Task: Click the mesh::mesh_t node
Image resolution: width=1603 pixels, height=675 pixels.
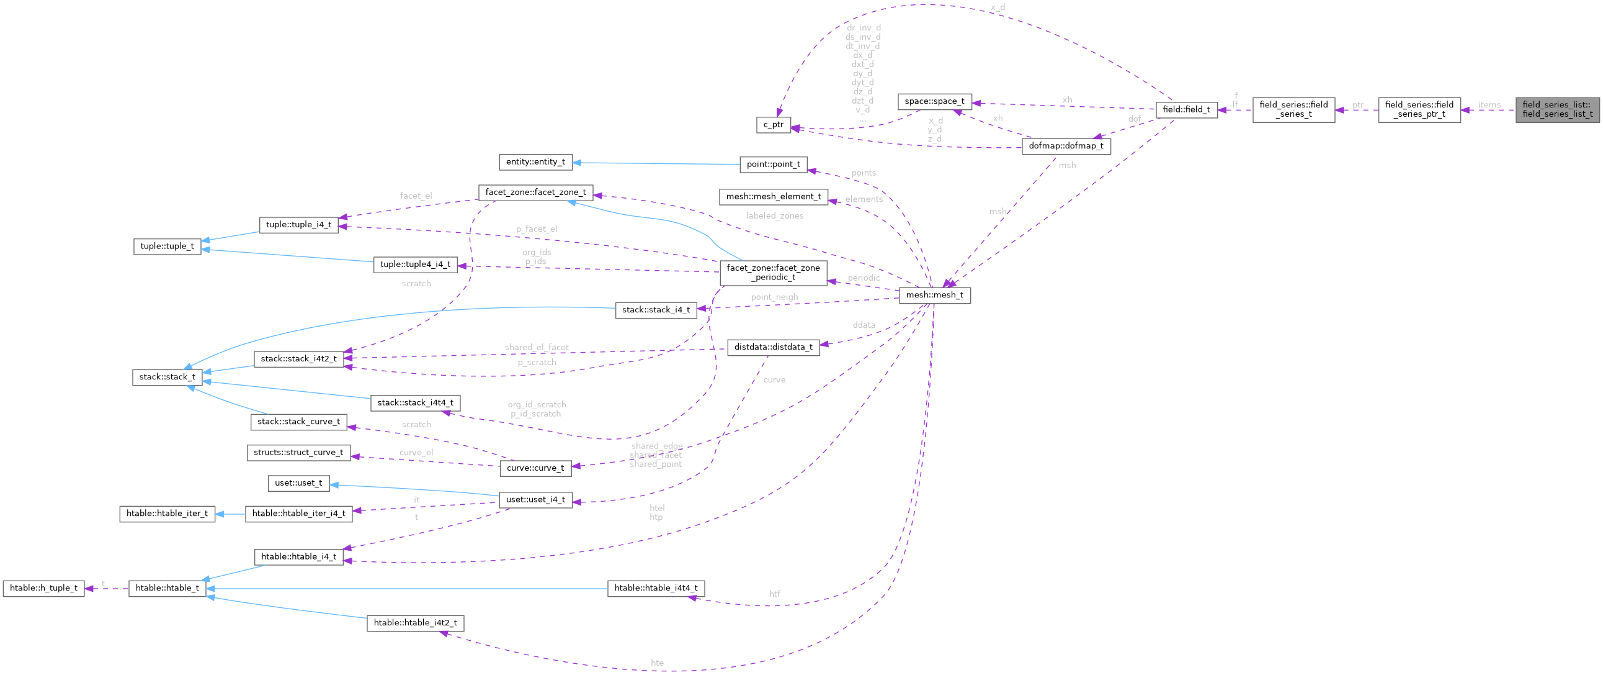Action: click(934, 295)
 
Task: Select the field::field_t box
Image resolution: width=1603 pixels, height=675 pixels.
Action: click(1186, 109)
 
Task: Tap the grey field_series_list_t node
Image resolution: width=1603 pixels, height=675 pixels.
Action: click(1557, 109)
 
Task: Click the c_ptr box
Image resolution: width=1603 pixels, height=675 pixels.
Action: click(774, 125)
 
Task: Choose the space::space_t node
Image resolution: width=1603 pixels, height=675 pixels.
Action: click(935, 101)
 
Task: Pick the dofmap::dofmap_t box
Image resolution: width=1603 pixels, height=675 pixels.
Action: click(1066, 147)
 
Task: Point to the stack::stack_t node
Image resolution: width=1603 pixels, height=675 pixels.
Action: click(167, 377)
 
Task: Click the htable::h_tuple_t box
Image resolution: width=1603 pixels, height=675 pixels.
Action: click(43, 588)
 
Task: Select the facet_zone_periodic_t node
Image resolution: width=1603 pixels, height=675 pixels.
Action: click(773, 272)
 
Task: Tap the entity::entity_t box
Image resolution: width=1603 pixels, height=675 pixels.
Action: click(535, 162)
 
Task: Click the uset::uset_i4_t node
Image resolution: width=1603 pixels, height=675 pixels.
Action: click(536, 499)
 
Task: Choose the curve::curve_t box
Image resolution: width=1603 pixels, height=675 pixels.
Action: click(535, 468)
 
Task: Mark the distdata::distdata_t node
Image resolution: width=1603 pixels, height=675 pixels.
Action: click(773, 347)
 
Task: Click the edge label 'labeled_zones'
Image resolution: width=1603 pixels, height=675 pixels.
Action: click(774, 215)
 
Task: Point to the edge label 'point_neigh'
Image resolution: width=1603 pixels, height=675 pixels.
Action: click(774, 297)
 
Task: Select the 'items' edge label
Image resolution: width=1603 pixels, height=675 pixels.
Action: click(1488, 104)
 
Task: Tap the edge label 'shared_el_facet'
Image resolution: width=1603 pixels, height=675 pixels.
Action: click(536, 347)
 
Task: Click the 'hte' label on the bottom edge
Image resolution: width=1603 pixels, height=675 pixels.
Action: click(656, 663)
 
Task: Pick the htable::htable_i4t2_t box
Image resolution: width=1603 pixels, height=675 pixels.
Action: click(415, 623)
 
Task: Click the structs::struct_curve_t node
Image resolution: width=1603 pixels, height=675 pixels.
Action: click(298, 453)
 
